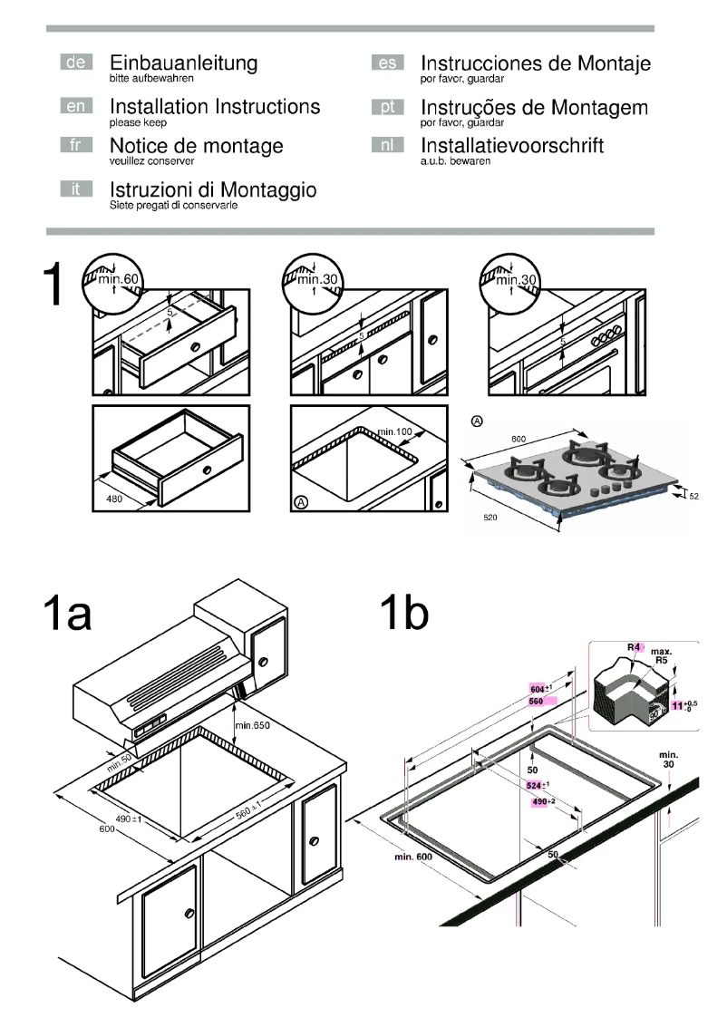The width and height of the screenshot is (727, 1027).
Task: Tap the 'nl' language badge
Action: [x=387, y=146]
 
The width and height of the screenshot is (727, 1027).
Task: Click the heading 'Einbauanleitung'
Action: [x=183, y=63]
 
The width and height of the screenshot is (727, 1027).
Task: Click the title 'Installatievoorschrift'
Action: [x=512, y=145]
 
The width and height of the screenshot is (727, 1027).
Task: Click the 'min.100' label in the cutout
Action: [x=396, y=431]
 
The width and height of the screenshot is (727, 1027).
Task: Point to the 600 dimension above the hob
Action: [x=518, y=440]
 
